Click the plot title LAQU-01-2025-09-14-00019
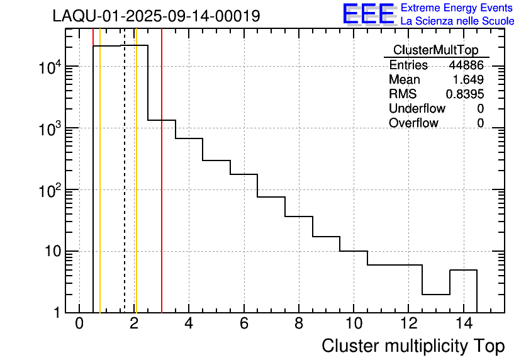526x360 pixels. click(156, 16)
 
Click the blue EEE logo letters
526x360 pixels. click(369, 14)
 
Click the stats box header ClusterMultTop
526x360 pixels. click(435, 50)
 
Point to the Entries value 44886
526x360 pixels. click(466, 65)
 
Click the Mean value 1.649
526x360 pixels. click(469, 80)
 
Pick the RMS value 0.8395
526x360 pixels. click(465, 94)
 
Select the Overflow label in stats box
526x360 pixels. click(413, 123)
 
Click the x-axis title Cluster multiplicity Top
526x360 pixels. click(413, 346)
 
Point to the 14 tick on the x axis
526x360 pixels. click(463, 323)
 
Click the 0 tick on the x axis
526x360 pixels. click(79, 323)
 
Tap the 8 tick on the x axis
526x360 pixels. click(299, 323)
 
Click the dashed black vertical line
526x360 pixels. click(125, 189)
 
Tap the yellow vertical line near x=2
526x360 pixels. click(136, 189)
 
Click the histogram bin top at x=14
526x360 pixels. click(463, 270)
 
